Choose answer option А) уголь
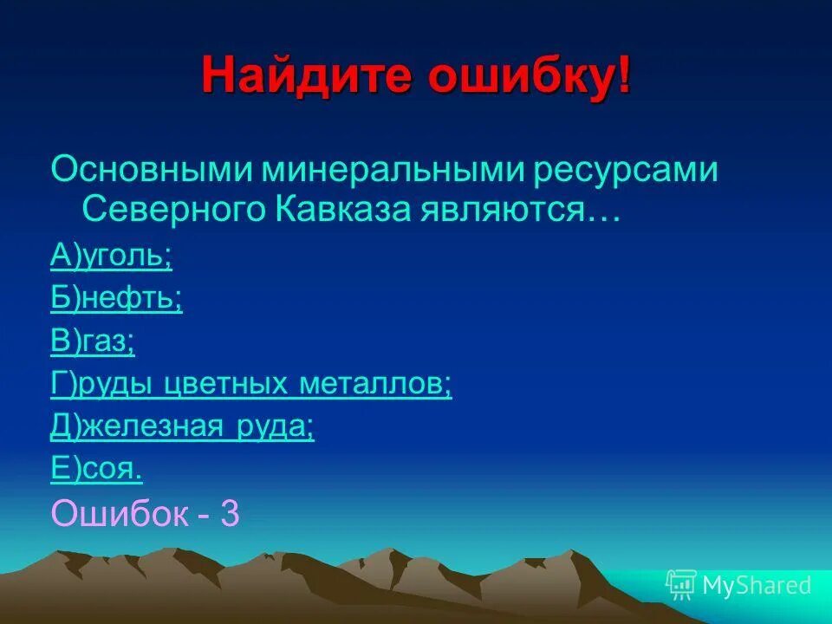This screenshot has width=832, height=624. pyautogui.click(x=111, y=257)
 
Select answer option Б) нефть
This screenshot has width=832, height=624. pyautogui.click(x=116, y=300)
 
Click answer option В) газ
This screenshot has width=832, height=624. pyautogui.click(x=93, y=342)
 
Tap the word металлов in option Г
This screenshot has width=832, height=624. pyautogui.click(x=375, y=385)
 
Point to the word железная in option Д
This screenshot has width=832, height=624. pyautogui.click(x=156, y=427)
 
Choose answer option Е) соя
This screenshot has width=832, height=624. pyautogui.click(x=96, y=470)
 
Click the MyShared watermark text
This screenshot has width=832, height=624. pyautogui.click(x=756, y=586)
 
